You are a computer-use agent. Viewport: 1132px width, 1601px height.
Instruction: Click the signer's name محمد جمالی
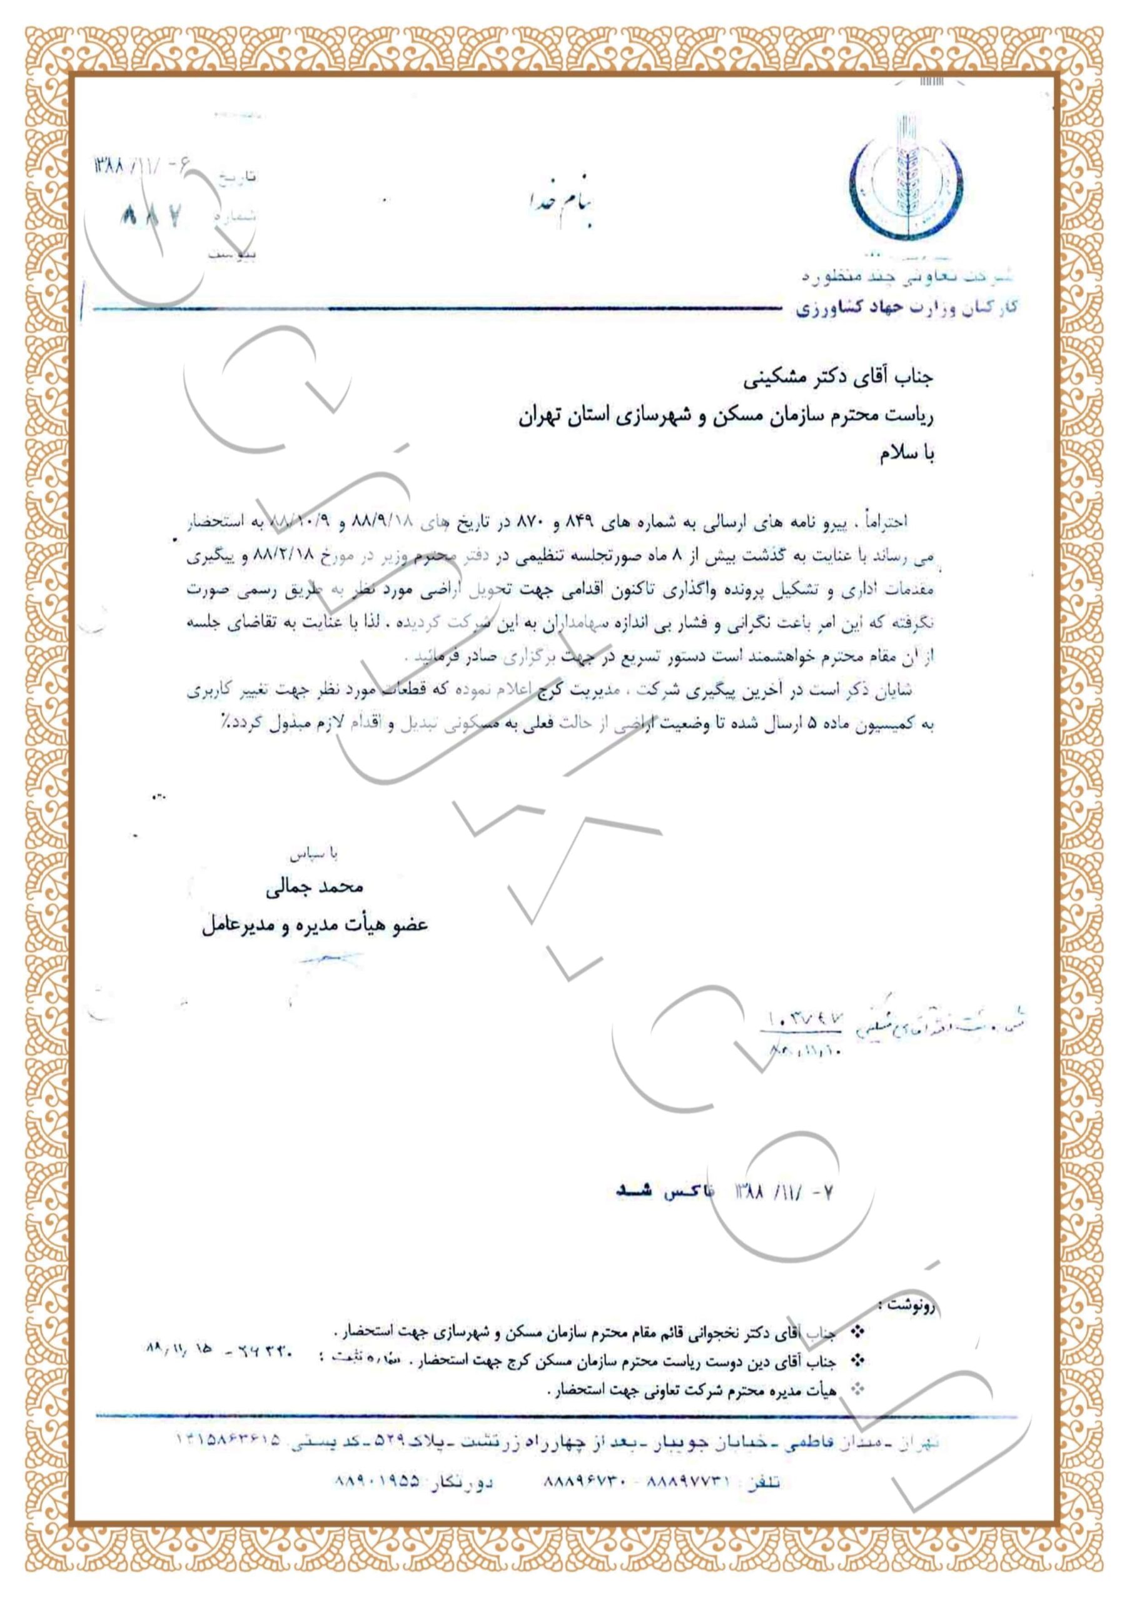pyautogui.click(x=313, y=887)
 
